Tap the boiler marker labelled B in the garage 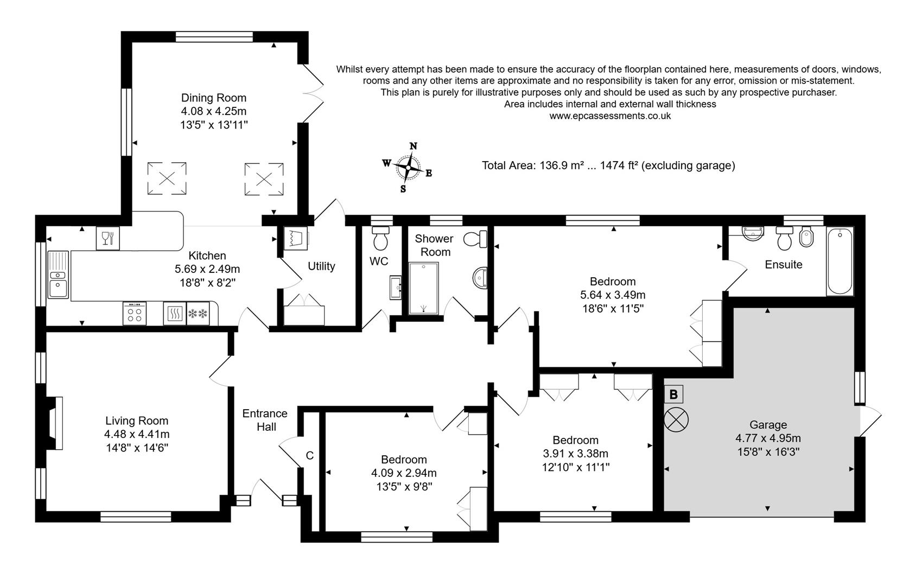pyautogui.click(x=673, y=394)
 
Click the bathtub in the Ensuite pyautogui.click(x=840, y=262)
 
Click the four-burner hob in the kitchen pyautogui.click(x=135, y=314)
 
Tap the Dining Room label pyautogui.click(x=213, y=98)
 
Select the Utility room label pyautogui.click(x=321, y=266)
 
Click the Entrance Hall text pyautogui.click(x=265, y=420)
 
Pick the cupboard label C pyautogui.click(x=310, y=456)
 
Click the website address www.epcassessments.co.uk pyautogui.click(x=610, y=116)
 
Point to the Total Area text pyautogui.click(x=608, y=165)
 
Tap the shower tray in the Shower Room pyautogui.click(x=423, y=289)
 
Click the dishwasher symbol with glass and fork pyautogui.click(x=107, y=238)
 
